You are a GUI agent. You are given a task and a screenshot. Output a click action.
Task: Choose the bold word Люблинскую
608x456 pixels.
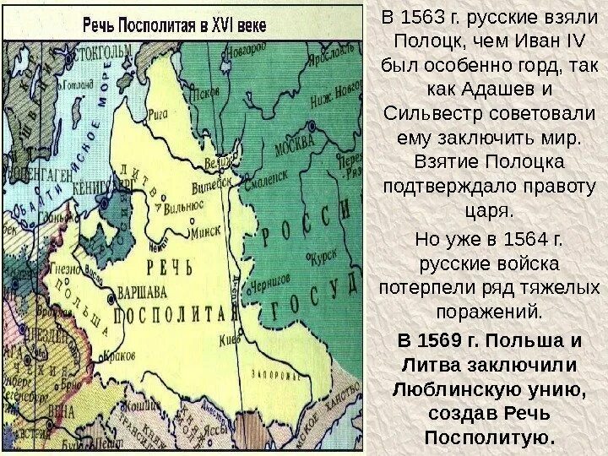point(460,390)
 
